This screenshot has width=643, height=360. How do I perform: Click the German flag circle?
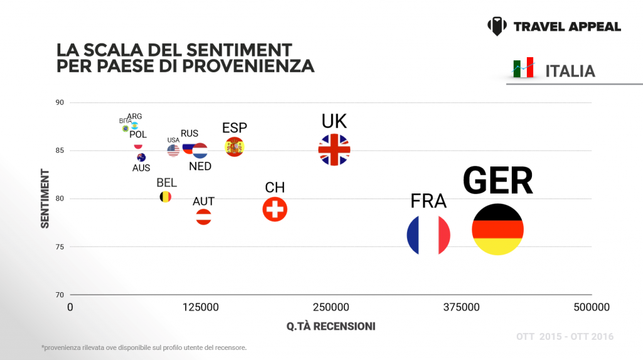[497, 229]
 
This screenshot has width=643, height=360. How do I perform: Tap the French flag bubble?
[428, 235]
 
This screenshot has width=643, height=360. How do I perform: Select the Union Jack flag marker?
[334, 150]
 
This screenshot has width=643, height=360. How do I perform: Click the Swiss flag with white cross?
[274, 209]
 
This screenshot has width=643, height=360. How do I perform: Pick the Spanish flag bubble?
[234, 146]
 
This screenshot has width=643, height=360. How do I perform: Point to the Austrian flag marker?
[203, 217]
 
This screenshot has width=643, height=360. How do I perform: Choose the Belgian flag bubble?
[165, 197]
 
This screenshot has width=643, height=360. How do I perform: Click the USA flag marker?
[173, 151]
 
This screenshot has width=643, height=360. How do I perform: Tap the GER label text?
[498, 181]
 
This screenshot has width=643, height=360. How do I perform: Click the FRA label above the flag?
[428, 201]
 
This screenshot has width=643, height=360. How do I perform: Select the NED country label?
[200, 166]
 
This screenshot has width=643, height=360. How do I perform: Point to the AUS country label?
[141, 168]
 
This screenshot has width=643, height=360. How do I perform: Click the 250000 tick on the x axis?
[331, 307]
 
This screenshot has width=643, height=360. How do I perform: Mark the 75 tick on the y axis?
[60, 247]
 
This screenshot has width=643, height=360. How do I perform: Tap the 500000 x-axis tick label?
[592, 307]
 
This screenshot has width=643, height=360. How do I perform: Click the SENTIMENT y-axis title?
[45, 198]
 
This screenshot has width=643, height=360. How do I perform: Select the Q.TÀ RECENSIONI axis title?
[331, 326]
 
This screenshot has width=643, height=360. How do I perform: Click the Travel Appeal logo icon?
[497, 26]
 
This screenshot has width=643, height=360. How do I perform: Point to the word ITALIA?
[570, 71]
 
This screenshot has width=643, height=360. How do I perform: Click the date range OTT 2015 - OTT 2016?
[565, 337]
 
